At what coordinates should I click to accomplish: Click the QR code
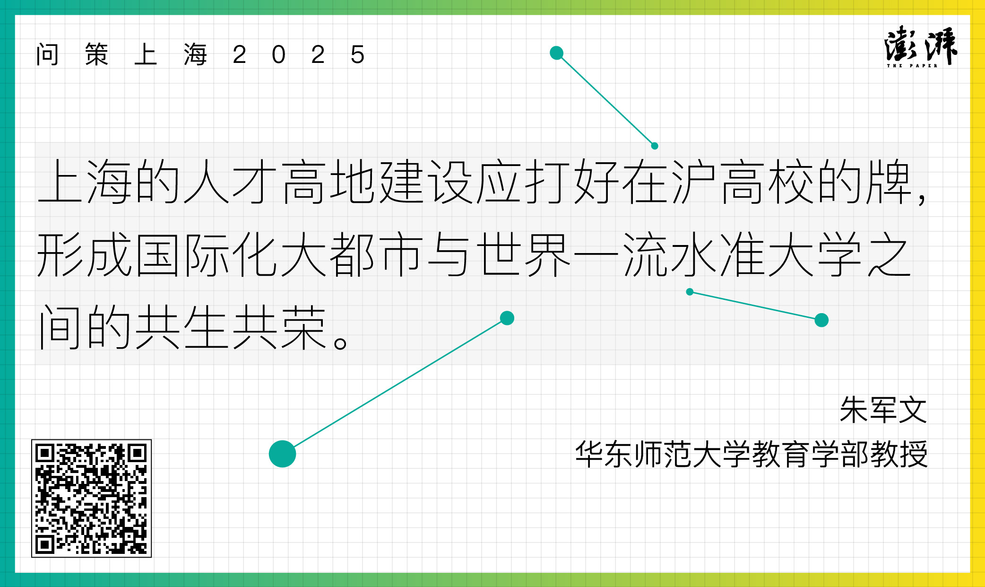click(91, 498)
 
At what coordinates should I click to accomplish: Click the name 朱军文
click(883, 410)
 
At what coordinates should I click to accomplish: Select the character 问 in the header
click(48, 54)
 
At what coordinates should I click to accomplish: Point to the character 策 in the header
click(97, 54)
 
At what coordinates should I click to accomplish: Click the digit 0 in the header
click(278, 55)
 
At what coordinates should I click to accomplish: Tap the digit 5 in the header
click(357, 55)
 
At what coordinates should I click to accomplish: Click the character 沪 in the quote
click(694, 182)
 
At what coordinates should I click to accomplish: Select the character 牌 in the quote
click(889, 182)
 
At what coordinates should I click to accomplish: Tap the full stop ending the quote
click(340, 342)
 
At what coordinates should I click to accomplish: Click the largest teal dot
click(283, 454)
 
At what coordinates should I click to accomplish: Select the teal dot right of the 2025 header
click(557, 53)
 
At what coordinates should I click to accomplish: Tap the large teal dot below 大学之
click(822, 320)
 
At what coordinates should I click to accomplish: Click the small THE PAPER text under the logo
click(912, 66)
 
